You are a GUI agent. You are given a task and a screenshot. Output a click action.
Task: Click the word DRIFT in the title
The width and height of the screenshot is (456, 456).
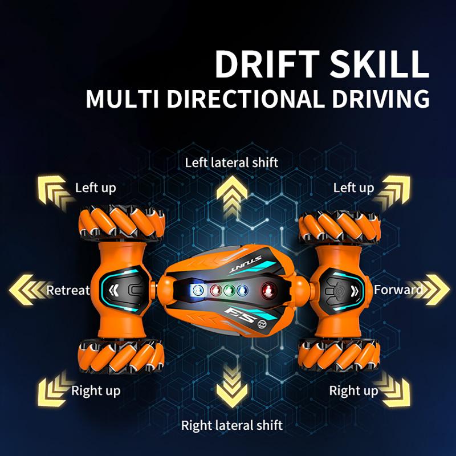[x=267, y=64]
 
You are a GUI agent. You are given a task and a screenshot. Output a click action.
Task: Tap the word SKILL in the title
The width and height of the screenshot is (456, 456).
[x=380, y=64]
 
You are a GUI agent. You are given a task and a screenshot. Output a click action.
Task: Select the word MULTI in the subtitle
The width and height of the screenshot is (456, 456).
[x=122, y=99]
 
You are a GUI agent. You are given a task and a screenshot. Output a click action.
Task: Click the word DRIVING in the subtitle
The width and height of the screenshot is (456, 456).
[x=381, y=99]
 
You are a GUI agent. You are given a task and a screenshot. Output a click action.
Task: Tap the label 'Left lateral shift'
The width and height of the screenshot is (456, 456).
[x=231, y=162]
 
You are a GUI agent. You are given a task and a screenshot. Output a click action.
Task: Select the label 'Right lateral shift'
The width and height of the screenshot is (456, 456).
[x=232, y=425]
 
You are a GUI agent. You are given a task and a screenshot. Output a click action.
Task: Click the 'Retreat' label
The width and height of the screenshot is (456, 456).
[x=68, y=290]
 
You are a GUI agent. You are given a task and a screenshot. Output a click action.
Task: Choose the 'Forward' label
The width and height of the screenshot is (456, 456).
[x=398, y=290]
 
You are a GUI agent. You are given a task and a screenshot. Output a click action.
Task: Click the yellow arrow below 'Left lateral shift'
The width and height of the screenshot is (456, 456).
[x=232, y=196]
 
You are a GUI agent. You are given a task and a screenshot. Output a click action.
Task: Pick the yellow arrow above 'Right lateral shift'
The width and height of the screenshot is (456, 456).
[x=232, y=386]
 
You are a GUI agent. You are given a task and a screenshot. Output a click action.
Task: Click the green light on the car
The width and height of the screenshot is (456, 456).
[x=229, y=290]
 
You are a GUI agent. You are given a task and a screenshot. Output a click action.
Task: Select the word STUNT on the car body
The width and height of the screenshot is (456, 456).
[x=246, y=264]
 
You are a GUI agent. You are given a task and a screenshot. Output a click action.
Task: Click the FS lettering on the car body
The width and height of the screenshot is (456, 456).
[x=241, y=316]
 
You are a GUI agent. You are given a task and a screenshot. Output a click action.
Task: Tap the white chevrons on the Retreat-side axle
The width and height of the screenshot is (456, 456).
[x=114, y=290]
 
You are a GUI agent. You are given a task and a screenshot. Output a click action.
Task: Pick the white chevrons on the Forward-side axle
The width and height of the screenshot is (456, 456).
[x=354, y=291]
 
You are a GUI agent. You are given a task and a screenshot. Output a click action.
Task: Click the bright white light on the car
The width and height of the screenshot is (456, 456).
[x=197, y=290]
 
